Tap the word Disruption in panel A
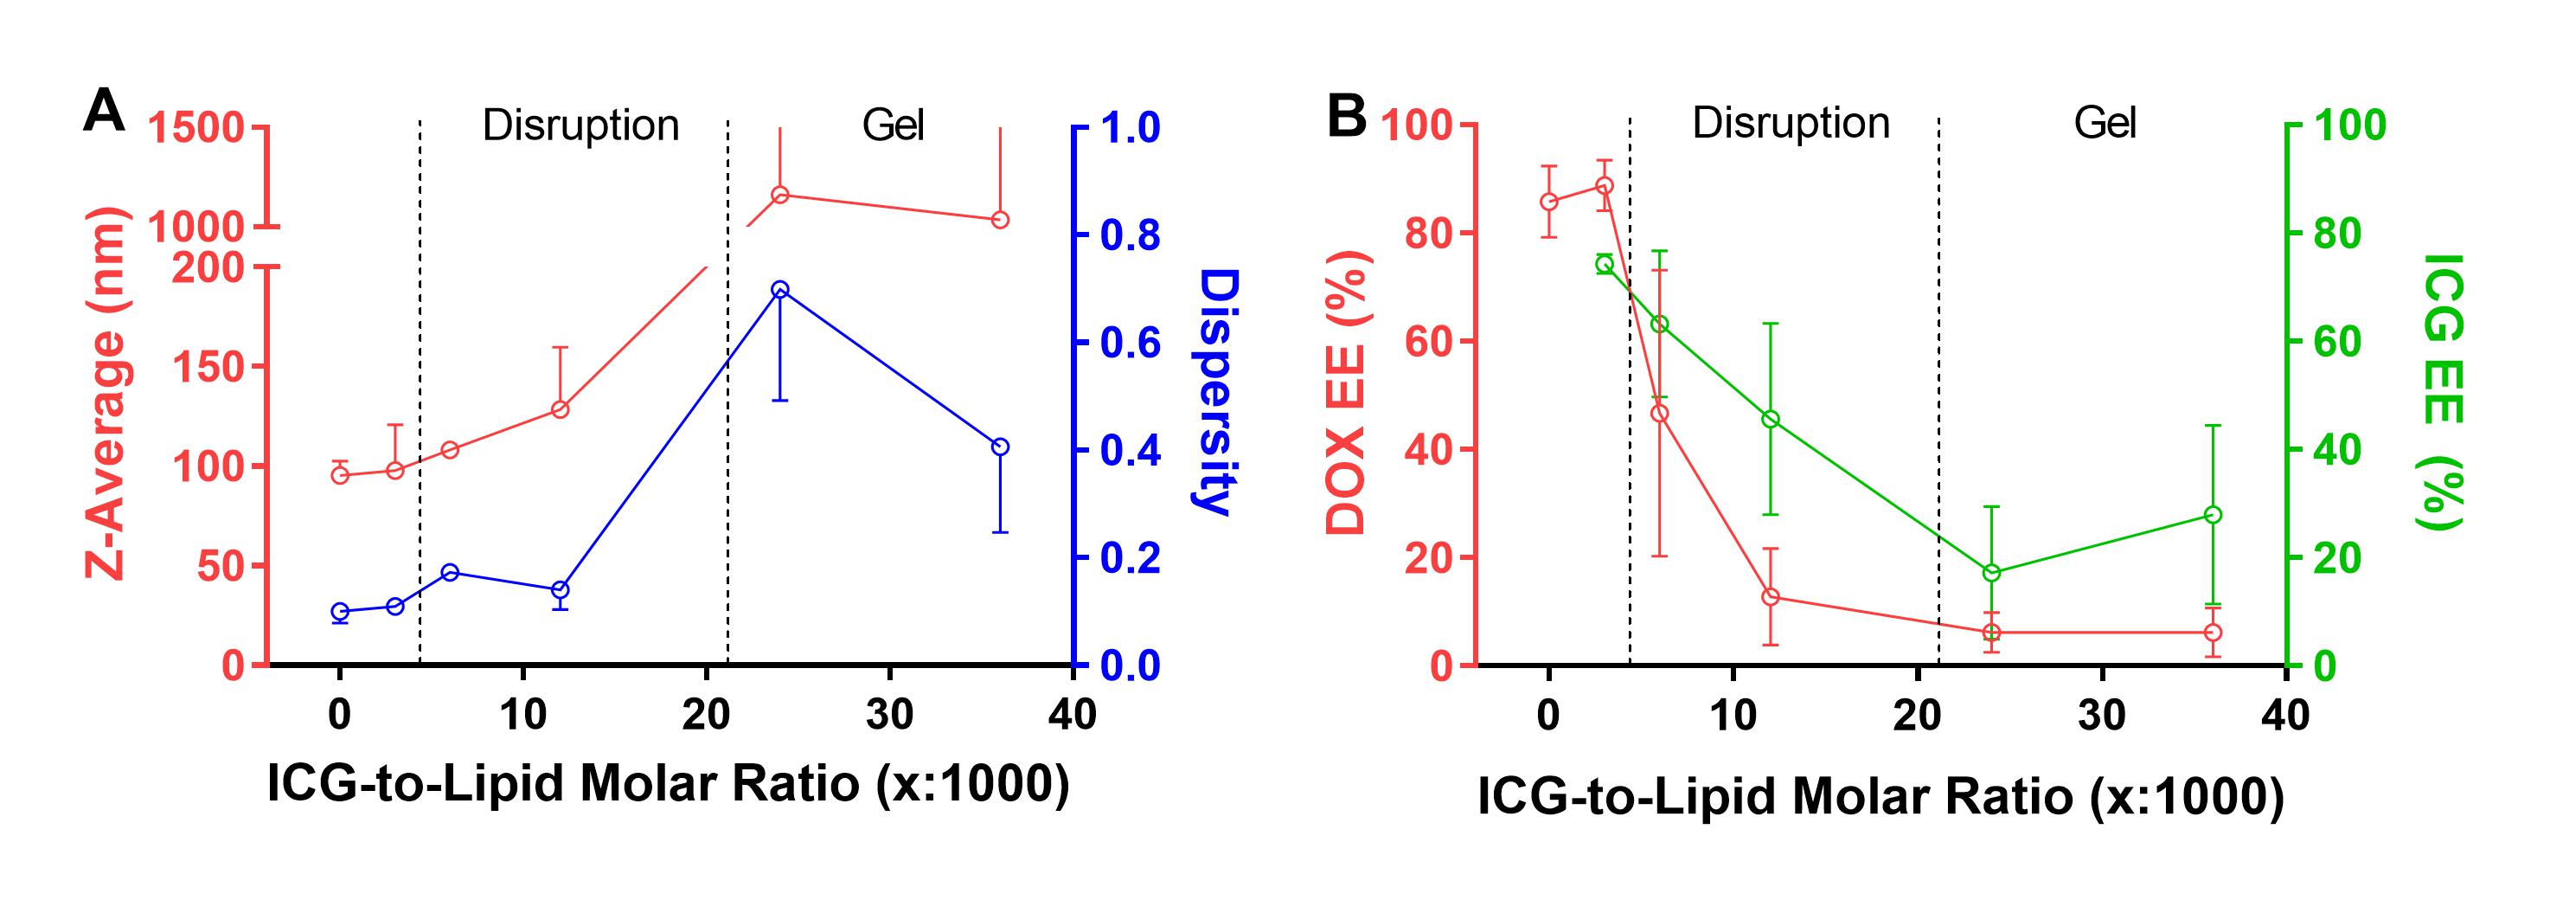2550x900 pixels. point(580,125)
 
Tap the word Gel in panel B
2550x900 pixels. point(2105,124)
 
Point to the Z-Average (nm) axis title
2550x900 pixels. point(106,394)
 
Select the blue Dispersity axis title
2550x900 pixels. point(1214,393)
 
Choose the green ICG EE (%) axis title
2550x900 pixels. point(2442,393)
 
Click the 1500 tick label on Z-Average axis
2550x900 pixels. point(196,128)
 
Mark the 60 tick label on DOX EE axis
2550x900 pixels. point(1426,342)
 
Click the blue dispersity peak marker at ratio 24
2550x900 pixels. point(780,289)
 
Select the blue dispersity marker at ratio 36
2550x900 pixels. point(1000,447)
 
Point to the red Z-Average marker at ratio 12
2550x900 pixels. point(561,410)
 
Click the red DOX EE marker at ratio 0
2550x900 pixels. point(1549,202)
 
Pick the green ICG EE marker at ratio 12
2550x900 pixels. point(1771,420)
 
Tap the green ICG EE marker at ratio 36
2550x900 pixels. point(2214,515)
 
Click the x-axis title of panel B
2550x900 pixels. point(1880,796)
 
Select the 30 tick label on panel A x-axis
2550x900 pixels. point(889,714)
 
